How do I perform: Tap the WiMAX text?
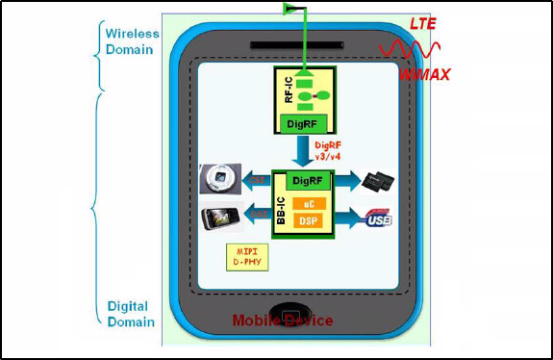[x=424, y=73]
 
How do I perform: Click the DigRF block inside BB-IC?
[x=306, y=179]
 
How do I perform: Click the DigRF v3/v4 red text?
[x=330, y=148]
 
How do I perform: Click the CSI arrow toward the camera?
[x=258, y=181]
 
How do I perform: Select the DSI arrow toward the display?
[x=258, y=214]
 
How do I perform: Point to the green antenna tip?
[x=289, y=9]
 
